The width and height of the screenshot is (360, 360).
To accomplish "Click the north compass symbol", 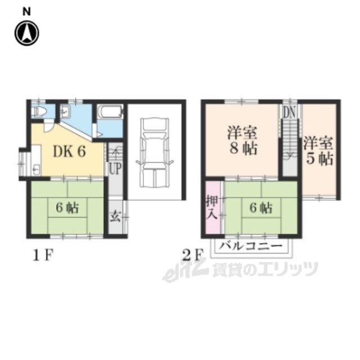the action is [x=27, y=33].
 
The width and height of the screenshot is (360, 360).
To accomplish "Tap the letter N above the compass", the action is [x=26, y=12].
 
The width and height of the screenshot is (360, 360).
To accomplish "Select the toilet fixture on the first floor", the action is [x=39, y=112].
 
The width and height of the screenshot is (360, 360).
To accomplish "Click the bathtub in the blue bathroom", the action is [x=110, y=111].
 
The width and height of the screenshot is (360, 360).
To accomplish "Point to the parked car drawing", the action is [x=154, y=152].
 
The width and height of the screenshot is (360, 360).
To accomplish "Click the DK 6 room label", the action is [x=69, y=152].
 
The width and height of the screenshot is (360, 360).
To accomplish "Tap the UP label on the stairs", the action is [x=115, y=168].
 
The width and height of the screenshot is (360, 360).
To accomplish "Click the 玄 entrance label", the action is [x=115, y=217].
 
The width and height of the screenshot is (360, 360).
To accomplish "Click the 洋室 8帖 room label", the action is [x=242, y=141].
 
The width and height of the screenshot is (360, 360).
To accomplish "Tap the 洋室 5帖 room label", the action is [x=318, y=151].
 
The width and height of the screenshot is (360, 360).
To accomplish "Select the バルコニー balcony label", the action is [x=250, y=246].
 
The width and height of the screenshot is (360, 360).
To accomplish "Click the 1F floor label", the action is [x=43, y=255].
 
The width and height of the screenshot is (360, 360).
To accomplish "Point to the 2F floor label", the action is [x=192, y=255].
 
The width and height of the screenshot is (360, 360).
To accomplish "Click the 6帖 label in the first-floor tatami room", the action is [x=67, y=208].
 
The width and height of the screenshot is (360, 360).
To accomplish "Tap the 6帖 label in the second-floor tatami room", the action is [x=261, y=208].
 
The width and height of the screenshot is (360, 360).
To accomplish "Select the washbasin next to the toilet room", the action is [x=66, y=112].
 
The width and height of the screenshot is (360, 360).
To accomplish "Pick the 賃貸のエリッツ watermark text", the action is [x=265, y=269].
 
